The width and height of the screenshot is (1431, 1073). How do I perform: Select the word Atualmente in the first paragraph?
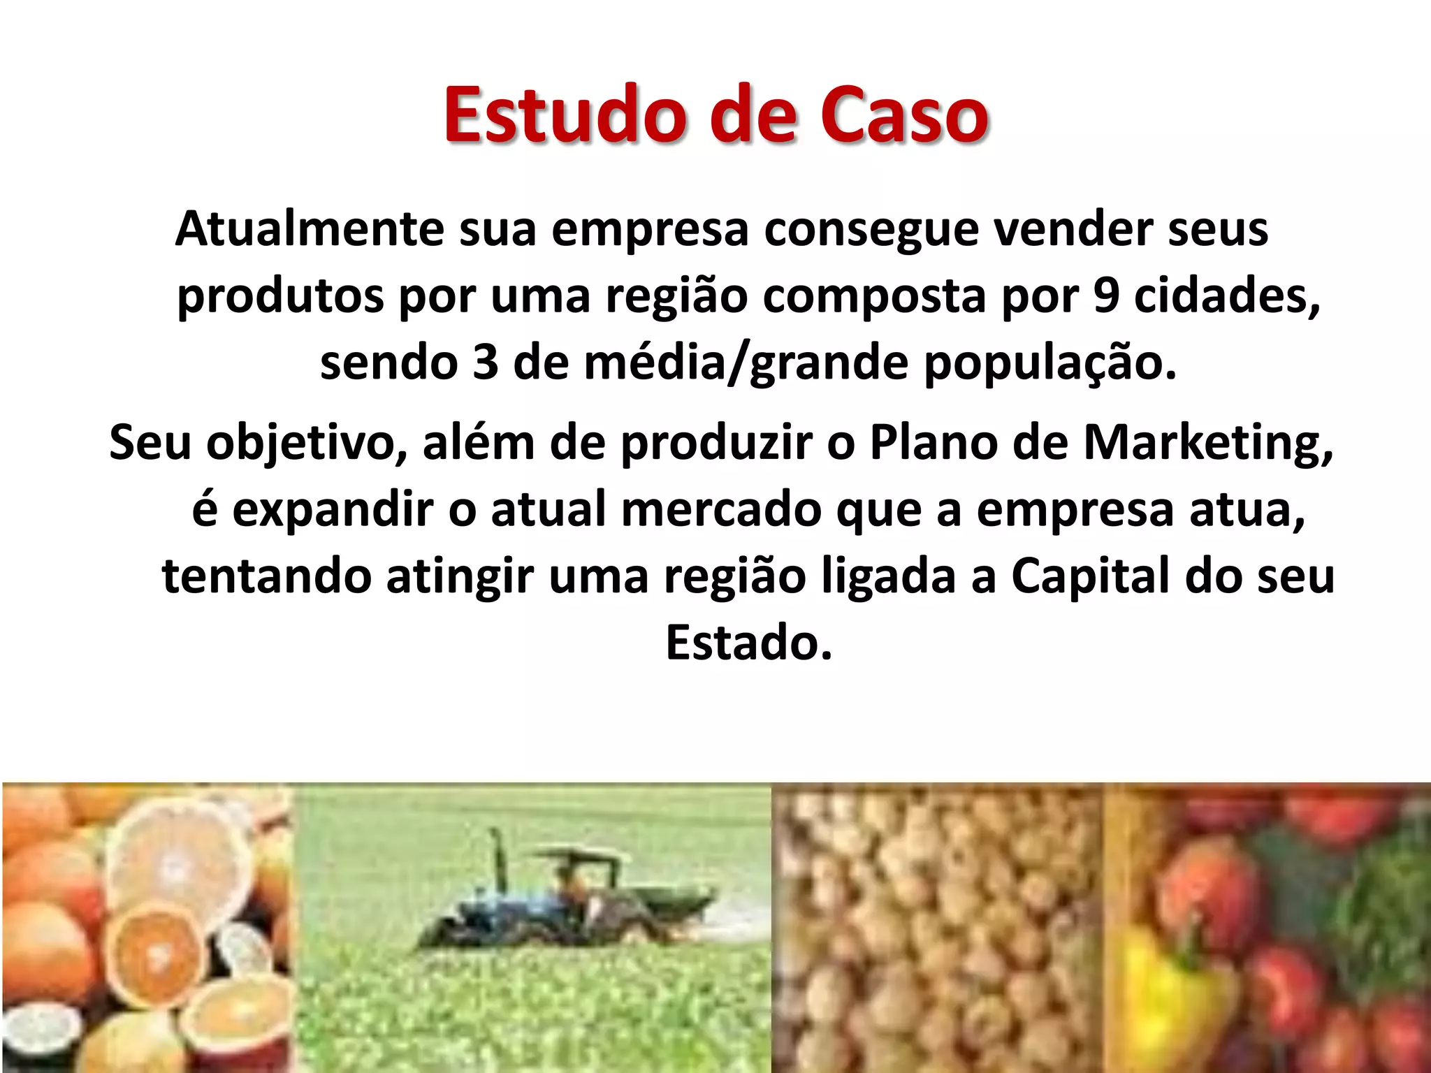(x=310, y=229)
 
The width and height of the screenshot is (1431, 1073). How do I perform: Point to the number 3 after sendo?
(x=485, y=363)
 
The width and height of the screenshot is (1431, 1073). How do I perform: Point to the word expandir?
(x=333, y=511)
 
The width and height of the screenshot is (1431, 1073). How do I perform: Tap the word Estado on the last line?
(x=748, y=643)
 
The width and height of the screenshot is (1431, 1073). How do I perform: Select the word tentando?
(x=266, y=578)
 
